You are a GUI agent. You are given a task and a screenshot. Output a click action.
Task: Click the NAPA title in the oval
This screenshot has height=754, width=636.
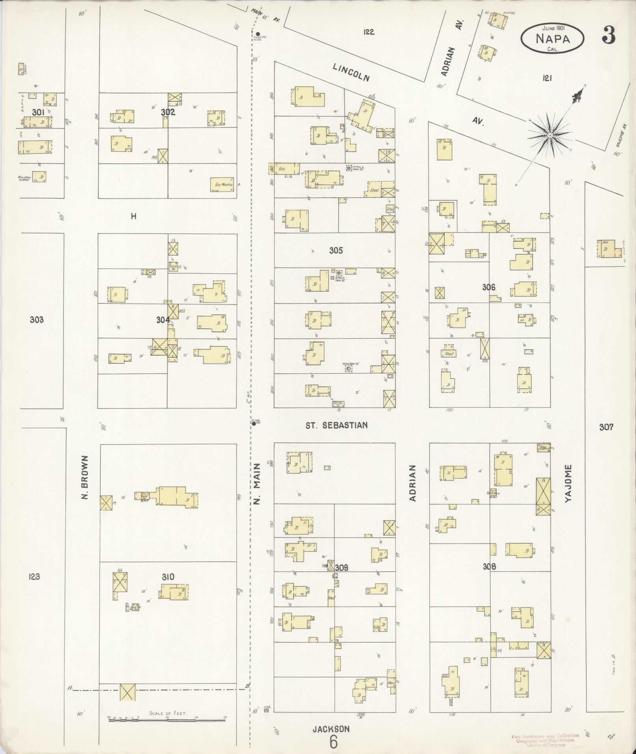point(552,39)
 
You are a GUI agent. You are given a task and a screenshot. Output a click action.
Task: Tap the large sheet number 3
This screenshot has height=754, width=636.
point(608,36)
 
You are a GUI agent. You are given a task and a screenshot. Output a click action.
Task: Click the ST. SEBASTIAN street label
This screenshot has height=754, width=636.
point(337,425)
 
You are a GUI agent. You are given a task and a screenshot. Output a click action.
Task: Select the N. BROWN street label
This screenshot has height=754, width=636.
point(84,477)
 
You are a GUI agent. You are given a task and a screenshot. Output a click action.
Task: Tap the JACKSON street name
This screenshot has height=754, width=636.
point(331,729)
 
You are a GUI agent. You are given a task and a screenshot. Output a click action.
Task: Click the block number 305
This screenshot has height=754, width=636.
point(336,250)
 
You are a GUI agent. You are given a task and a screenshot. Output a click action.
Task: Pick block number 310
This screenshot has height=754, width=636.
point(168,577)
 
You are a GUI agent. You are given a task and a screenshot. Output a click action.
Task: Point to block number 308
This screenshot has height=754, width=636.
point(489,567)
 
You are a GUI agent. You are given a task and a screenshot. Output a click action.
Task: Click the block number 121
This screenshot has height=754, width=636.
point(546,78)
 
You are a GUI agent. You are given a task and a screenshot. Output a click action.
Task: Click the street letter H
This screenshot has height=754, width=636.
point(134,216)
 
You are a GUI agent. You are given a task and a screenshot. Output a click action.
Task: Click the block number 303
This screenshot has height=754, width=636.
point(37,320)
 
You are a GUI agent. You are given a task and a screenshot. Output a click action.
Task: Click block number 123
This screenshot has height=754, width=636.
point(34,577)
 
